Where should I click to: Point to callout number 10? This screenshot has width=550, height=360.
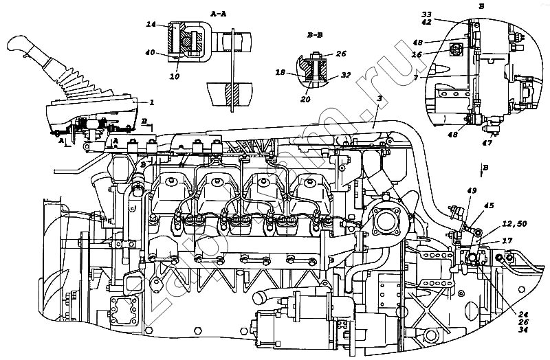coord(175,76)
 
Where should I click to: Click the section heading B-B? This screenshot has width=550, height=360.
coord(316,33)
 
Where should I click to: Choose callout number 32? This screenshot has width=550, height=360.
coord(346,76)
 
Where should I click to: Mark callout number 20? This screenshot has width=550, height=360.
coord(305,99)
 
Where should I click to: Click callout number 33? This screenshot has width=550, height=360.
coord(426,13)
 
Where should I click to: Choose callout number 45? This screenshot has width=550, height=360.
coord(489,204)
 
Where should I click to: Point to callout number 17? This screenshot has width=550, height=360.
coord(507,240)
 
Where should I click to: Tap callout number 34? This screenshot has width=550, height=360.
coord(523,328)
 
